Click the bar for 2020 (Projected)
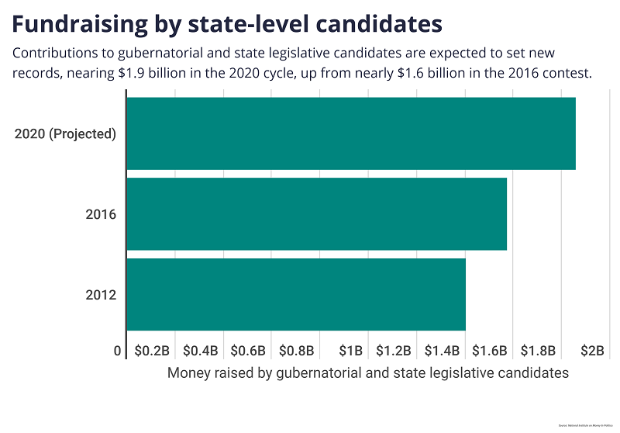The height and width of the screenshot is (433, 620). (x=350, y=133)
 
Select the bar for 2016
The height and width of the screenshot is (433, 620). (x=316, y=214)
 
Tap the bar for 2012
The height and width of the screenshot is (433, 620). (x=295, y=294)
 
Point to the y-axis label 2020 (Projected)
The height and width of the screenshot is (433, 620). (x=65, y=133)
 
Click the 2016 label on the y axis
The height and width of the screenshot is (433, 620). (x=101, y=214)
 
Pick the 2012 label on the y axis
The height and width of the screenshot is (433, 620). (x=101, y=295)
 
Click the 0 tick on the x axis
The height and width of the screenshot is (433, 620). (x=118, y=351)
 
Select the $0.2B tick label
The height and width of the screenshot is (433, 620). (x=151, y=351)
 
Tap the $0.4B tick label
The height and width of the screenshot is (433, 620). (x=199, y=351)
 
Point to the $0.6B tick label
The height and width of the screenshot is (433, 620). (x=247, y=351)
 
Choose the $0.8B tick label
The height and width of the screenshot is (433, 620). (x=295, y=351)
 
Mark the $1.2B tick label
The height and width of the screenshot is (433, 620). (x=393, y=351)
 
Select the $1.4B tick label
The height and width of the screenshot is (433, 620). (x=441, y=351)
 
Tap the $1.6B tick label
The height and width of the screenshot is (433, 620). (x=489, y=351)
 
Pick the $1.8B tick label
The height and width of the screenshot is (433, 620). (x=537, y=351)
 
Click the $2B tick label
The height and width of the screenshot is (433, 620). (x=592, y=351)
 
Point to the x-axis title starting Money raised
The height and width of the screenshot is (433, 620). (x=368, y=373)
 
